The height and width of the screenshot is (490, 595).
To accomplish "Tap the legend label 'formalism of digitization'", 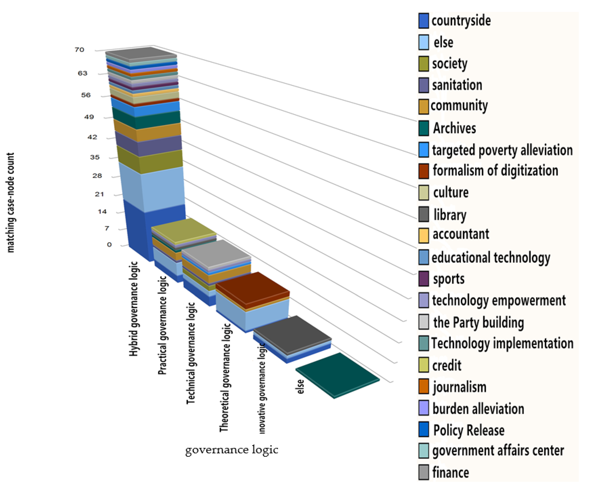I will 495,171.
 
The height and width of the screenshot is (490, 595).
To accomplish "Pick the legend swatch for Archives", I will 423,128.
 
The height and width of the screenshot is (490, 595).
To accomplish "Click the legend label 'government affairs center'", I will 498,451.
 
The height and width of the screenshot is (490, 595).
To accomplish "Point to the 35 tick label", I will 95,157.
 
